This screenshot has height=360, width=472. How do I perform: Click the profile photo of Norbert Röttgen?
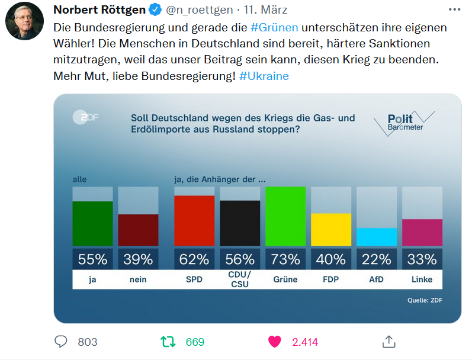pos(24,21)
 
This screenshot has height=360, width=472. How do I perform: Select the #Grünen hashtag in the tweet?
pos(274,27)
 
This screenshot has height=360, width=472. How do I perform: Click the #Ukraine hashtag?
pos(264,77)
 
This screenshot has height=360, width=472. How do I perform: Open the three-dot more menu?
pos(454,10)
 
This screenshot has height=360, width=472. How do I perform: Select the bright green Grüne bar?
pos(285,216)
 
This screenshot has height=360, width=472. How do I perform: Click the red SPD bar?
pos(194,221)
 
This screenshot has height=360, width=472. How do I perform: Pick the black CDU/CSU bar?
pos(240,223)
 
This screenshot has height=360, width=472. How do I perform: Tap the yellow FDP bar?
pos(331,230)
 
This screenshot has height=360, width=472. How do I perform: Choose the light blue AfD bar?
pos(377,237)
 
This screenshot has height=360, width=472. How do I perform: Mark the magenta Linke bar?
pos(422,232)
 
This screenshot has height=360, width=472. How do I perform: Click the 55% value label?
pos(92,259)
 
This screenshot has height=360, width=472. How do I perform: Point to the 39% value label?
pos(138,259)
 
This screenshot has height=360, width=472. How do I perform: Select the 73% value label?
pos(285,259)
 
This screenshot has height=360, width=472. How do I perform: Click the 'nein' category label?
pos(138,279)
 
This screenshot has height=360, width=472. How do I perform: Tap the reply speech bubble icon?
pos(61,342)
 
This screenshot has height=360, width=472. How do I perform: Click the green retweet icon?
pos(168,342)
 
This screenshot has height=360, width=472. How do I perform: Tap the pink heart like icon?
pos(274,342)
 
